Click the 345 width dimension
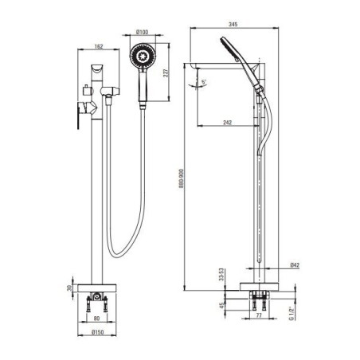233,24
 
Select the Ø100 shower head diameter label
143,32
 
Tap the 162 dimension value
99,46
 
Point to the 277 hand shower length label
166,72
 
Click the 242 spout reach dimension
227,123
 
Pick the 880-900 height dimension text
182,178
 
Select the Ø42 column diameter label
295,265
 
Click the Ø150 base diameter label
97,332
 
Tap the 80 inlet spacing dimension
96,318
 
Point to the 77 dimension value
259,315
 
